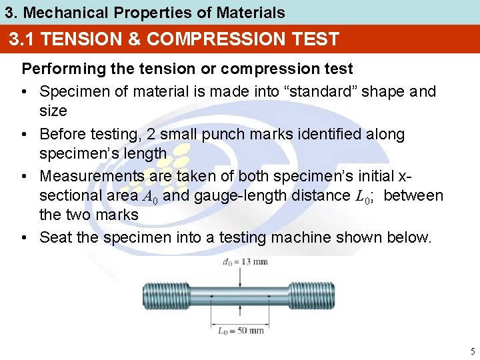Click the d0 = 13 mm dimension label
point(245,261)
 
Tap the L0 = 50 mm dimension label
point(241,330)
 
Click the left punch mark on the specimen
point(212,296)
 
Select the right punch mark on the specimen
point(269,296)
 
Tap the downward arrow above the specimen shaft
point(241,275)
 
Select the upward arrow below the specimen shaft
point(241,316)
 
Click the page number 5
point(472,351)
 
